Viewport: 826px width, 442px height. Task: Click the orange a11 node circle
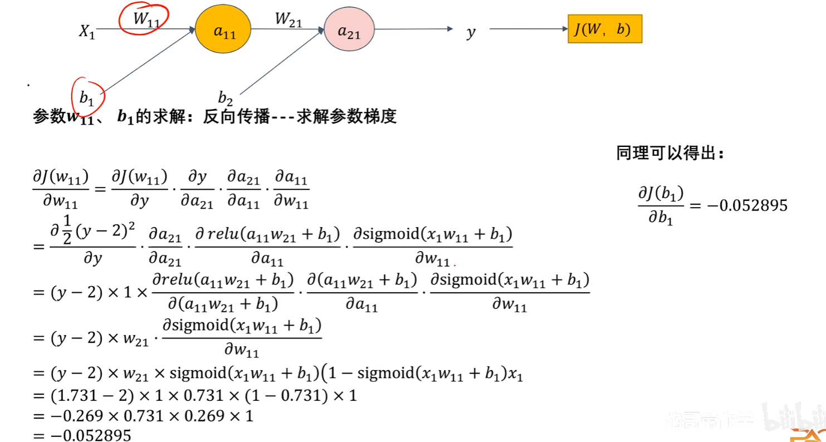(x=223, y=30)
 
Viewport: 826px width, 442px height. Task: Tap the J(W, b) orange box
(x=604, y=30)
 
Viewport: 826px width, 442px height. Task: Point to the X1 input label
(x=87, y=32)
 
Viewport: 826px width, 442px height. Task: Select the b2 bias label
(x=225, y=100)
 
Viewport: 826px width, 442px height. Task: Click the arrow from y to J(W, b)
(x=527, y=29)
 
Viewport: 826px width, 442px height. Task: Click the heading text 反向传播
(x=236, y=117)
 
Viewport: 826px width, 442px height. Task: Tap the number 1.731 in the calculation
(x=74, y=396)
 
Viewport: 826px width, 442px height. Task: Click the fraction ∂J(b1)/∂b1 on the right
(x=661, y=205)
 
